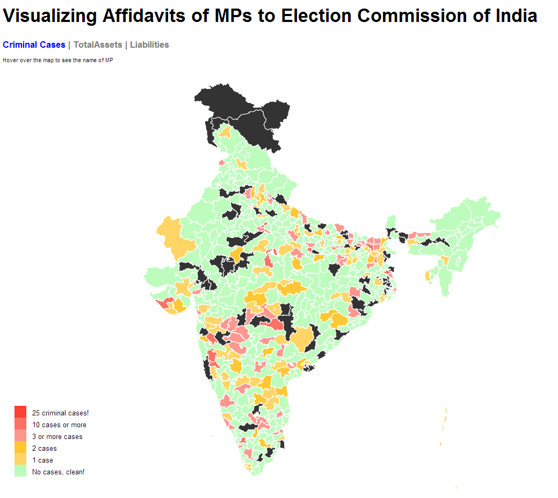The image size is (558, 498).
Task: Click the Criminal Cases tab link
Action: point(34,45)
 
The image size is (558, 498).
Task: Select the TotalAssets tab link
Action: point(98,45)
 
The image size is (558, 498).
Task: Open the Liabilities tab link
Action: point(149,45)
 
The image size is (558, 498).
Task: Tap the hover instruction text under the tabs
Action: point(57,61)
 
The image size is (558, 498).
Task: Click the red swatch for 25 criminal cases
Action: point(20,412)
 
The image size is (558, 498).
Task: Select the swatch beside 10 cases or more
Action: point(20,424)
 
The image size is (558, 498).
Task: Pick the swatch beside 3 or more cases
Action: point(20,436)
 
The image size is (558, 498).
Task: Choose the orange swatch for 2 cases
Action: point(20,448)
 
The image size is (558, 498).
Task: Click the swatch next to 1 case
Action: point(20,459)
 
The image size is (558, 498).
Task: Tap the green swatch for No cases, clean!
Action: point(20,471)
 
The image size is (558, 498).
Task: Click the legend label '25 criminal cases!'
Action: point(60,413)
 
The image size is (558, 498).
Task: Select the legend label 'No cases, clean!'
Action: point(58,472)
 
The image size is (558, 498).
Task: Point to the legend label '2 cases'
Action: point(44,449)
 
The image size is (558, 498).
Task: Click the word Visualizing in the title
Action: point(48,16)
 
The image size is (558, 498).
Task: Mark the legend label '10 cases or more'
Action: point(59,425)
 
